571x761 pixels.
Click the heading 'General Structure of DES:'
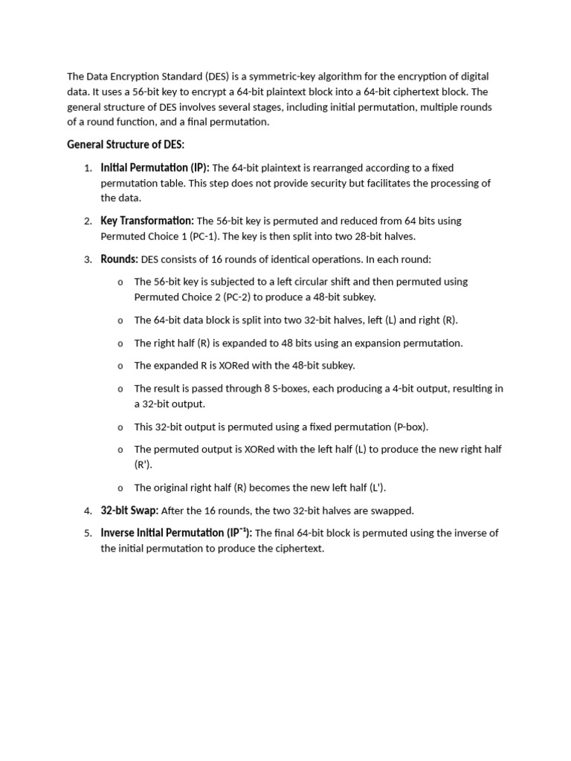click(125, 144)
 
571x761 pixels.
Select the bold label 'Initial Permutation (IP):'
click(155, 168)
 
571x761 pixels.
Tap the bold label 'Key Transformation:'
click(147, 221)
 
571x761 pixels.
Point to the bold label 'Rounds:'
click(119, 259)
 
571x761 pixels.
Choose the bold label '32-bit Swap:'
click(129, 511)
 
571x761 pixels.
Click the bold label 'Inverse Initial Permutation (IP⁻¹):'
click(176, 533)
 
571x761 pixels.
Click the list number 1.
click(87, 169)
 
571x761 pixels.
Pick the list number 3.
click(87, 260)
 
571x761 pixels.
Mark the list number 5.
click(87, 534)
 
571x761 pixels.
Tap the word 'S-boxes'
click(284, 389)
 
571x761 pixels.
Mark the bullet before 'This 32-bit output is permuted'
click(120, 427)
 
